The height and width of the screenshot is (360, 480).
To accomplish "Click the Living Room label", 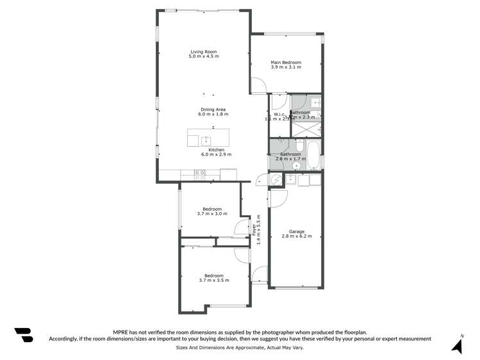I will tap(203, 52).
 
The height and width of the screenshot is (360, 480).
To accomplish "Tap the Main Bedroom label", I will tap(286, 62).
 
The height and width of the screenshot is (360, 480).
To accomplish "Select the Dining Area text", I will tap(213, 109).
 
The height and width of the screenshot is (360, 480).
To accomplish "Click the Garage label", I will tap(296, 231).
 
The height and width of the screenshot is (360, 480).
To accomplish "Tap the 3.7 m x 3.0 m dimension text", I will tap(213, 214).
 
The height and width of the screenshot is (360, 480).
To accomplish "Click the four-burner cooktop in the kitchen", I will tap(199, 172).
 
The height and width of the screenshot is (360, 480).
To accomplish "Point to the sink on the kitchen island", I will tap(206, 140).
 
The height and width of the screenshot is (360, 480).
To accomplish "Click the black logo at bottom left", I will tap(23, 336).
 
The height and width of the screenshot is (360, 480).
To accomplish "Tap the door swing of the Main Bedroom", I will tap(258, 85).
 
